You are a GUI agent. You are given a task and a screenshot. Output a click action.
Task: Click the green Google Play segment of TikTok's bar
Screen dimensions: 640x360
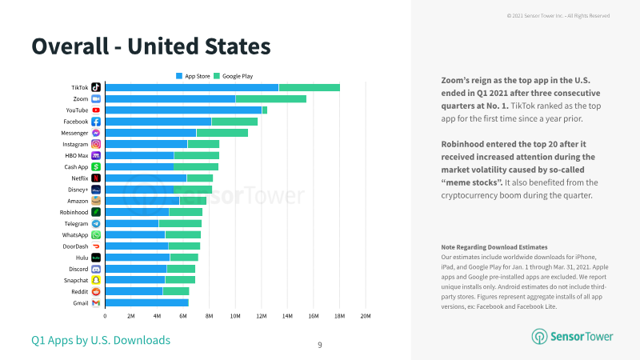click(310, 87)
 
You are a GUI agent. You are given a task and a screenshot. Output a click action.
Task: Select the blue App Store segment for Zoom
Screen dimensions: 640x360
click(170, 98)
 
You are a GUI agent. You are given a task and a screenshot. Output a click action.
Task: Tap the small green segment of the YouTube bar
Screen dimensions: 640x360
click(265, 110)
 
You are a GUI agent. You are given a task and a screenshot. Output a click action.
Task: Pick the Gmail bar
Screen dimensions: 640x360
click(147, 303)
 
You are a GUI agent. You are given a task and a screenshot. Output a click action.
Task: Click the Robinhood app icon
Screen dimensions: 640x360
click(96, 212)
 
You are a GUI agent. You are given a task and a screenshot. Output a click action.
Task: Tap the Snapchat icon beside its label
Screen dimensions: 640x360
click(96, 281)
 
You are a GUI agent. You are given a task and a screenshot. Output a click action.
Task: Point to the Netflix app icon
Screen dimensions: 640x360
click(96, 178)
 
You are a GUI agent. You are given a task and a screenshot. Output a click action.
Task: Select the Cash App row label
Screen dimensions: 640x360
click(76, 167)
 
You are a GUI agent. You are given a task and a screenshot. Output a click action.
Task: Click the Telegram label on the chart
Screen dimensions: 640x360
click(76, 224)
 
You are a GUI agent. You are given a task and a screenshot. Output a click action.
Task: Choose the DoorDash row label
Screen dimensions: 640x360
click(75, 246)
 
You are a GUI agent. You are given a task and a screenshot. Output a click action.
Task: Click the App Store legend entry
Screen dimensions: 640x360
click(193, 76)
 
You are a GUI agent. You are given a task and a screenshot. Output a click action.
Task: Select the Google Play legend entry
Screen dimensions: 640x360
click(234, 76)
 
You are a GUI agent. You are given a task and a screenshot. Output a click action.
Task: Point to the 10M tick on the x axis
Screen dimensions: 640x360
click(235, 316)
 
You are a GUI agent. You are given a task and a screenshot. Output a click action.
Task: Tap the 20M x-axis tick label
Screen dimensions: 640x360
click(366, 316)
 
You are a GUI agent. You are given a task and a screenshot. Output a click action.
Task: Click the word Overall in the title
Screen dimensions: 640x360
click(70, 46)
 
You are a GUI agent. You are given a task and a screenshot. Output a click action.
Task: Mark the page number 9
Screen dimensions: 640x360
click(320, 346)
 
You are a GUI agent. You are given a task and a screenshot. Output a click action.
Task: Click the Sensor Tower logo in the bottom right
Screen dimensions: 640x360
click(572, 336)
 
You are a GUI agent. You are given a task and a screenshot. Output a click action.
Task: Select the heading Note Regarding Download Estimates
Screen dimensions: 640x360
click(494, 247)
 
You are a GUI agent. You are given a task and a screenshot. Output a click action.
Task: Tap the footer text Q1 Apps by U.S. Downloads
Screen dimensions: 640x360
click(101, 340)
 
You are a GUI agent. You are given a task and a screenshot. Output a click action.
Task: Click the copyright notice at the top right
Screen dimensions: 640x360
click(558, 16)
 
